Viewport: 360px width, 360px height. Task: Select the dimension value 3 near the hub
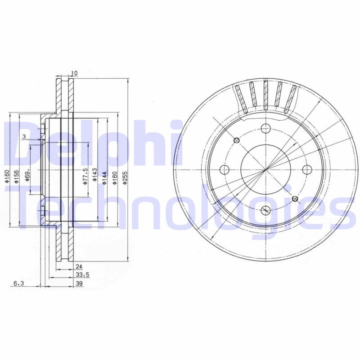23,136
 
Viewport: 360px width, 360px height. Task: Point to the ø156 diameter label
16,176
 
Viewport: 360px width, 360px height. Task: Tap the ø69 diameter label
27,176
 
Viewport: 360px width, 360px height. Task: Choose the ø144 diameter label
105,175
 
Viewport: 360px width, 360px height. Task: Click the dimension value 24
79,266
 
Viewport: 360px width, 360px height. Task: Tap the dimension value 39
79,283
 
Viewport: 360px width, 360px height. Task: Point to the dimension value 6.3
18,283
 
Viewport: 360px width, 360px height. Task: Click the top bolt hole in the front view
265,127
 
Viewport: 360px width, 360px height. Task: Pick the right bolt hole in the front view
307,169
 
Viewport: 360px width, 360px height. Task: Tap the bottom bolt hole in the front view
265,210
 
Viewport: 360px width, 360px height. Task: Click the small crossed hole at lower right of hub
295,199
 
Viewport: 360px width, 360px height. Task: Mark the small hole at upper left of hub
236,140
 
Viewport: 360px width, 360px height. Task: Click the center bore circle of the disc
265,168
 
